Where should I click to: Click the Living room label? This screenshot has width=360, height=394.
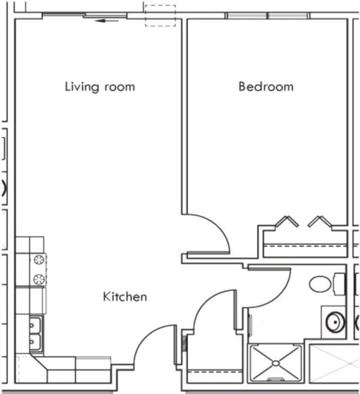(x=100, y=86)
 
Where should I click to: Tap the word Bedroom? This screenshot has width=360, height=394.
(x=266, y=86)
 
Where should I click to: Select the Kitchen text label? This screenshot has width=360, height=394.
(x=125, y=297)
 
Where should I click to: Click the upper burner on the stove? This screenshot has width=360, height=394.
(x=39, y=260)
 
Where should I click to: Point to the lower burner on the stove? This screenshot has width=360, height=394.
(x=39, y=279)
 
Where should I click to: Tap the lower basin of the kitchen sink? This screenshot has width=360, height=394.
(x=34, y=342)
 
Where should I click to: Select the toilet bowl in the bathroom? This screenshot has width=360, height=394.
(x=321, y=284)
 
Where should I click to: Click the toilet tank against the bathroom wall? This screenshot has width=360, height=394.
(x=339, y=283)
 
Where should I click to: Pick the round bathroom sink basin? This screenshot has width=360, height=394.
(x=334, y=323)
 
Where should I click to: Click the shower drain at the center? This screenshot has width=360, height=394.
(x=275, y=363)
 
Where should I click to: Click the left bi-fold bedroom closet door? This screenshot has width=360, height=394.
(x=286, y=222)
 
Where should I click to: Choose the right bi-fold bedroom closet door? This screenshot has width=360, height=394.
(x=319, y=222)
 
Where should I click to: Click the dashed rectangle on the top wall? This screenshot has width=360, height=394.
(x=160, y=16)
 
